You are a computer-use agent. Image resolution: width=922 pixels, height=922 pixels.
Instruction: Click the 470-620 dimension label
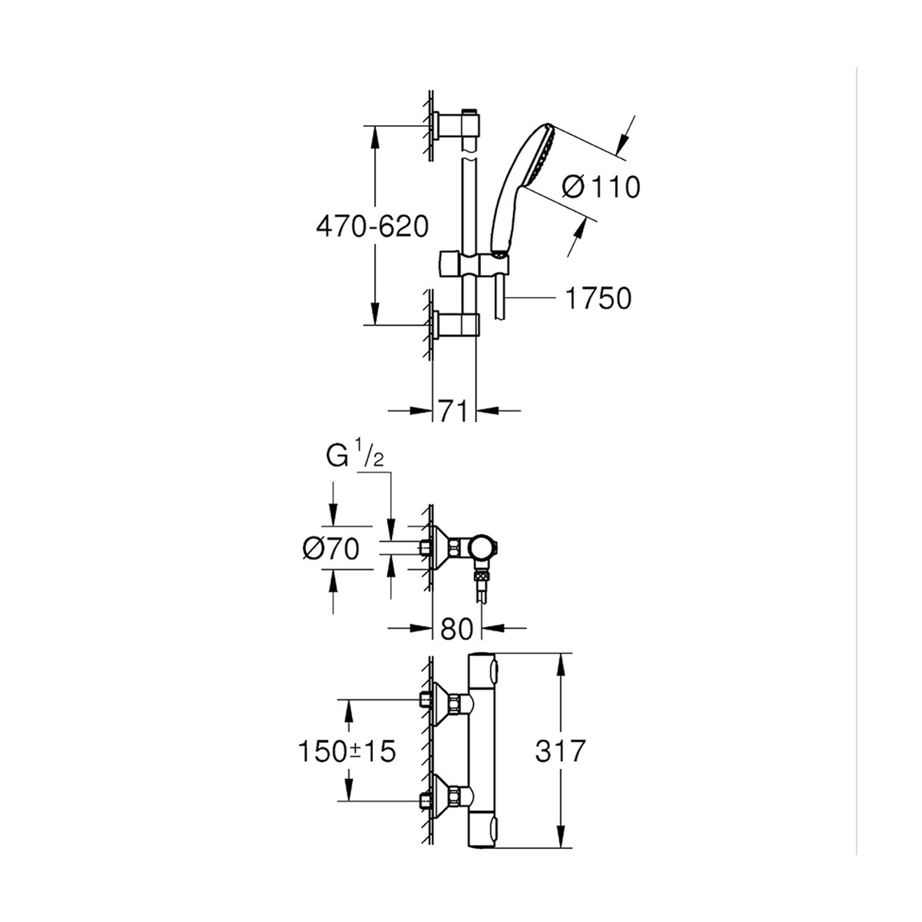coord(372,227)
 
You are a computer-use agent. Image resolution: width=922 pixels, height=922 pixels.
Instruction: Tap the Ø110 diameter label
coord(601,188)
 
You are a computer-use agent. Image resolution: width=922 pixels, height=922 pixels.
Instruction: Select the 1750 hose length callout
coord(598,299)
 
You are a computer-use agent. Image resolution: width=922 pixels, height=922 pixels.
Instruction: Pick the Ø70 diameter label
coord(331,549)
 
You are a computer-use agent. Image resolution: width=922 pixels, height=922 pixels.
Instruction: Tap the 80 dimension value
coord(457,628)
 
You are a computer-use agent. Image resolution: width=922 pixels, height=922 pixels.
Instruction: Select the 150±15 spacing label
coord(347,752)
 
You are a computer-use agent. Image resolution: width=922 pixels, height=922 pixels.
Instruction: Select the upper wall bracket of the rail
coord(458,126)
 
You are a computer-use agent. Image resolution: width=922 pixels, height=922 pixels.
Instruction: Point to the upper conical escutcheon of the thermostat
coord(442,701)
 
